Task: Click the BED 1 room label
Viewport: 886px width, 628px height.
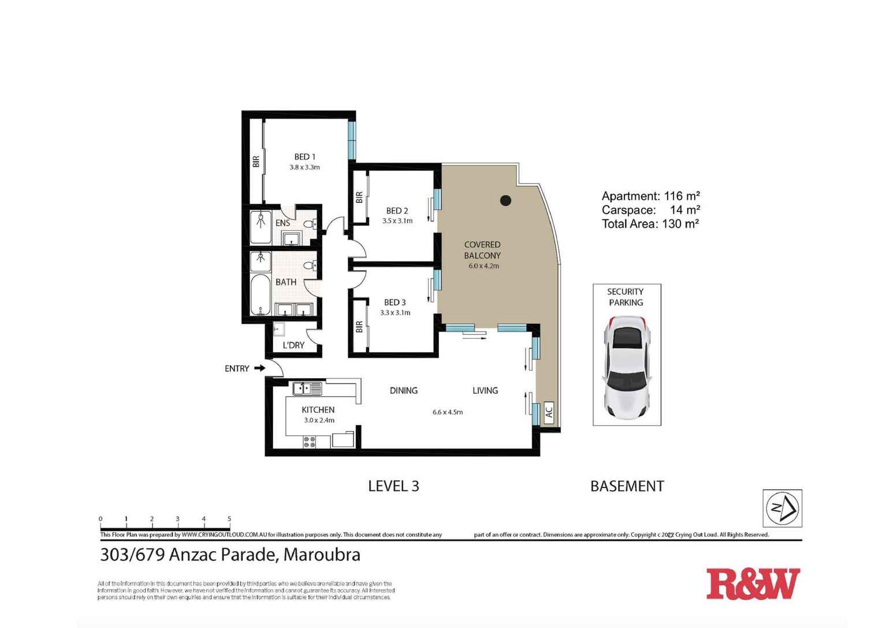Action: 304,157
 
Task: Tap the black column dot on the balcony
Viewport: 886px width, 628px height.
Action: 505,201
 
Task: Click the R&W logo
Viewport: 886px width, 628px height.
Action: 753,584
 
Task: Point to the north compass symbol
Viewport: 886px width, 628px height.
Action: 782,508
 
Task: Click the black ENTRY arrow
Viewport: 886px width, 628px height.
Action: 259,368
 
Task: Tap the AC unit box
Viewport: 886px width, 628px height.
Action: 549,412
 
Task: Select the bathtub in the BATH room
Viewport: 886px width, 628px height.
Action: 260,294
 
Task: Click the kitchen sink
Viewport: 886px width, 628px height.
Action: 307,389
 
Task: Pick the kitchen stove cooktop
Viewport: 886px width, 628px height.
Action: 310,442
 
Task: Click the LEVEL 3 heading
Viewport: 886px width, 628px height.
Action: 393,486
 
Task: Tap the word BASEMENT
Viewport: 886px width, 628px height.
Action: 627,486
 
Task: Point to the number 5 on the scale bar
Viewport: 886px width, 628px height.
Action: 229,519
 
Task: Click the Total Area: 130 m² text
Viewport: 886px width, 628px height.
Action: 650,224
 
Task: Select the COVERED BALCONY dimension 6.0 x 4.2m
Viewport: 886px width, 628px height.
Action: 483,266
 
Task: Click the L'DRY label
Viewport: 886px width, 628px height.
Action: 293,345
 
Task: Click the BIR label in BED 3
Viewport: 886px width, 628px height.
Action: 359,327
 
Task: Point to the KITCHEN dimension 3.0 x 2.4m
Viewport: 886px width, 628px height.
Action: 319,420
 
